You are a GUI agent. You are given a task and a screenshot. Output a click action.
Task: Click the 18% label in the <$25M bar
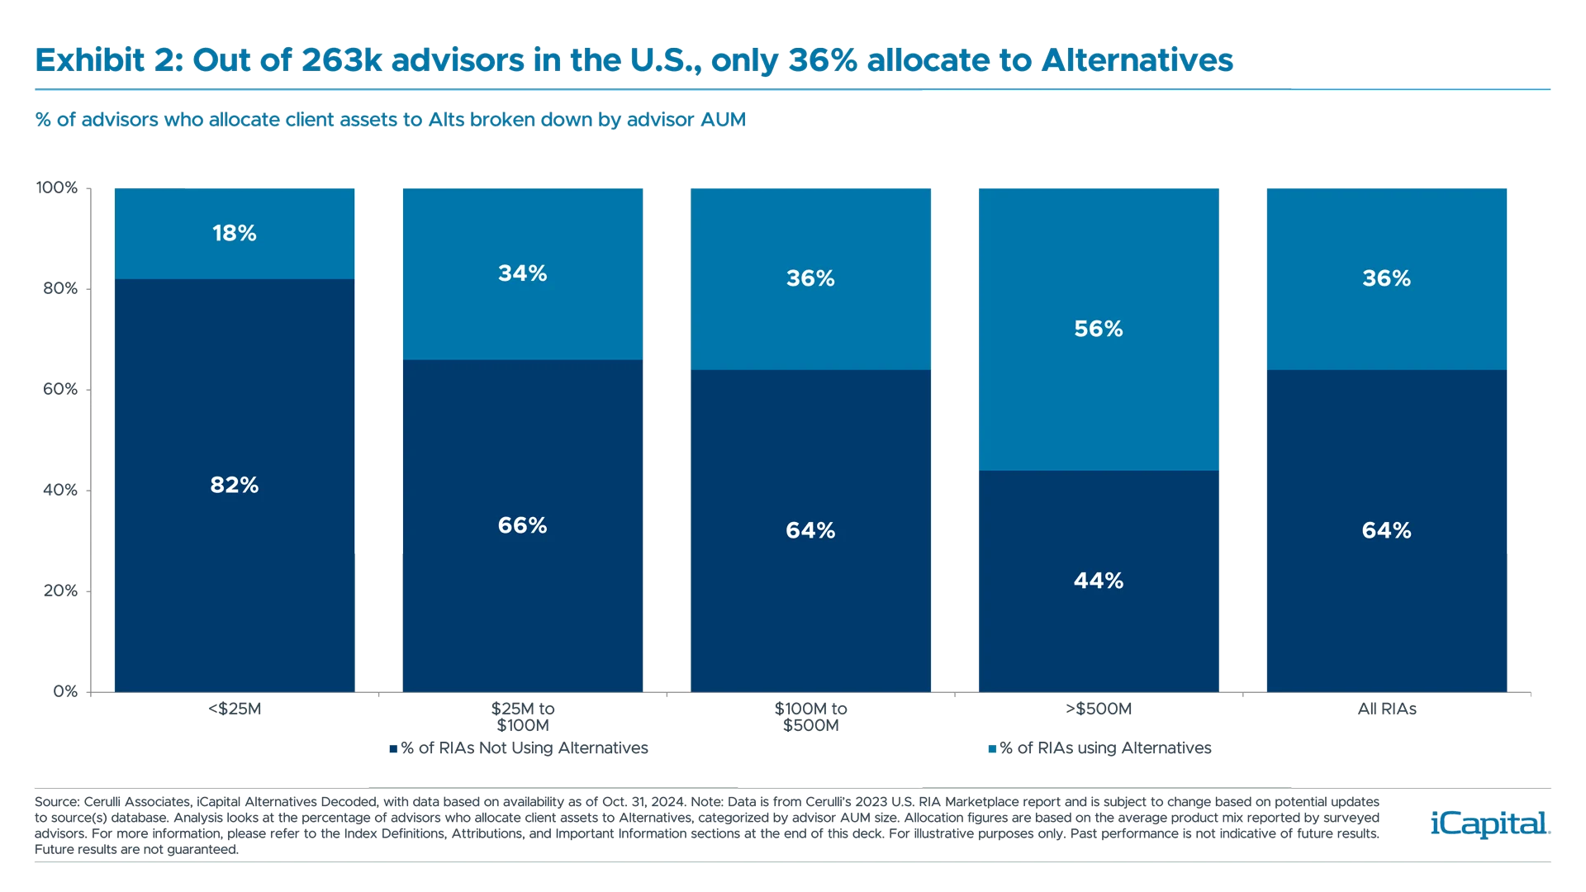point(235,234)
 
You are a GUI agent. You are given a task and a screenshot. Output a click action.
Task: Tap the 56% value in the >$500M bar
point(1098,330)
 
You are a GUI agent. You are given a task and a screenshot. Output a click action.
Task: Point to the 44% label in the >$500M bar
point(1098,581)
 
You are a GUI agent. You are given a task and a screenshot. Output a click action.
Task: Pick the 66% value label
point(522,526)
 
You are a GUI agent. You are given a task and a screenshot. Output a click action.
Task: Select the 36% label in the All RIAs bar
point(1386,279)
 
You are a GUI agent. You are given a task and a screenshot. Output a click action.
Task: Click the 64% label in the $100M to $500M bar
point(810,531)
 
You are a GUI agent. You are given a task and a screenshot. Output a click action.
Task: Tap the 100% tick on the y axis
point(57,188)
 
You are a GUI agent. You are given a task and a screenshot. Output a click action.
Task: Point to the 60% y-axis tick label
point(59,389)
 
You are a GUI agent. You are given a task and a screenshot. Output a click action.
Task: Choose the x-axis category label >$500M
point(1098,709)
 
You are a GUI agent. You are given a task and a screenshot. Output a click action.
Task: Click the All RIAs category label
point(1386,709)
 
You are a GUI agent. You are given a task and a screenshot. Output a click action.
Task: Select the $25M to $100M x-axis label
point(522,717)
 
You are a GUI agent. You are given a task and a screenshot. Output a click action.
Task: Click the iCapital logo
point(1487,823)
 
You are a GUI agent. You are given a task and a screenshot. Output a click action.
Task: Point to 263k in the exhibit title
point(341,60)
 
